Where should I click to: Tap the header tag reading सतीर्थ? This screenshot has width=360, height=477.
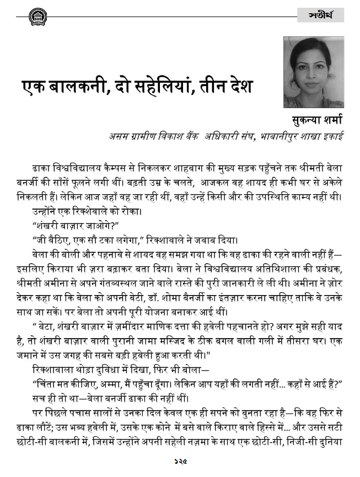(320, 15)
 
